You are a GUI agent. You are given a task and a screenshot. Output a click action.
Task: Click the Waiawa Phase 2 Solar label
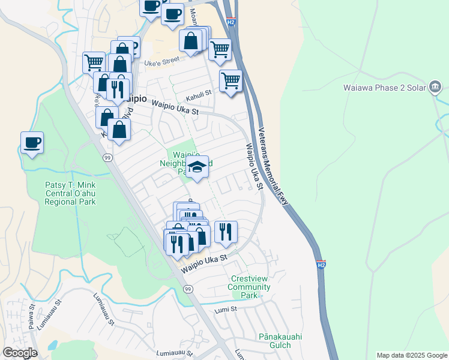[x=384, y=87]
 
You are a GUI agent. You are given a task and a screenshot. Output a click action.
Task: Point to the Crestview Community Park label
[x=249, y=287]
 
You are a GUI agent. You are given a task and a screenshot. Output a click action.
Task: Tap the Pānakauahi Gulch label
[x=275, y=341]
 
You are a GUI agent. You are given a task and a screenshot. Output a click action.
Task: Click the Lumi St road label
[x=227, y=309]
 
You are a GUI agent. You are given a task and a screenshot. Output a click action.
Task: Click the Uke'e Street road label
[x=162, y=60]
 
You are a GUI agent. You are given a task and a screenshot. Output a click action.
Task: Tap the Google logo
[x=19, y=353]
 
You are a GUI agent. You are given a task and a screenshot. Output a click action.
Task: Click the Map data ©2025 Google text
[x=411, y=355]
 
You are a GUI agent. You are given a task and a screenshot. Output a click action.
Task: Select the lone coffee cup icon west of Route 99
[x=32, y=143]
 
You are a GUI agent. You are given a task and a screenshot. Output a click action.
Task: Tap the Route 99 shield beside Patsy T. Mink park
[x=107, y=157]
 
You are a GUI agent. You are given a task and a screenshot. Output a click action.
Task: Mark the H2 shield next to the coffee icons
[x=232, y=22]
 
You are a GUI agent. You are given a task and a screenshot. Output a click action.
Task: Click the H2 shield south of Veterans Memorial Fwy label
[x=321, y=265]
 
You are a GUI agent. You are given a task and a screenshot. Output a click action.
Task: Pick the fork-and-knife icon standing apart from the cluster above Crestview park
[x=226, y=232]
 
